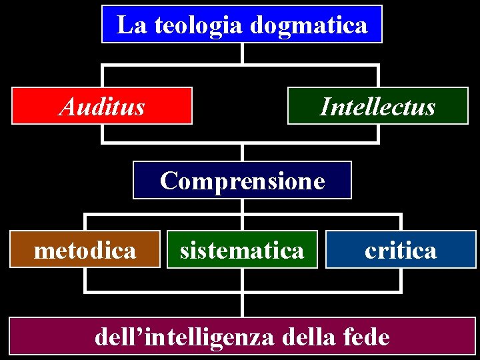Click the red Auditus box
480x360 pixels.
(x=102, y=106)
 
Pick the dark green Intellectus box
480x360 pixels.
(x=377, y=106)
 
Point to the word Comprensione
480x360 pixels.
(x=243, y=180)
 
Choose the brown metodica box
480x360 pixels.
(x=85, y=249)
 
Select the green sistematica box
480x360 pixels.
(x=242, y=249)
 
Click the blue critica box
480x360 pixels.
(x=401, y=249)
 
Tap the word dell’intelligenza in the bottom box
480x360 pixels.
(x=185, y=337)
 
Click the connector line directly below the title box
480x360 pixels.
(x=243, y=53)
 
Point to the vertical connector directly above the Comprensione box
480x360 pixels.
(x=243, y=152)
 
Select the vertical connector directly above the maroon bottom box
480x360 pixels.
(x=243, y=304)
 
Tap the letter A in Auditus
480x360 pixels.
(x=67, y=106)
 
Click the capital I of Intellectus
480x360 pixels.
(x=324, y=106)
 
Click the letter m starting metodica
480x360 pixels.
(x=43, y=251)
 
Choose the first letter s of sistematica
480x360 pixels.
(x=184, y=251)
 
